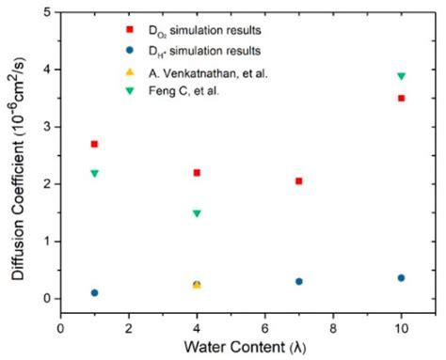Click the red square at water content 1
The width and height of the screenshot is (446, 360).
pyautogui.click(x=94, y=144)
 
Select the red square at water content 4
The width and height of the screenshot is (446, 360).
pyautogui.click(x=197, y=173)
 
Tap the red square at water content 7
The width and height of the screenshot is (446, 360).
pyautogui.click(x=298, y=180)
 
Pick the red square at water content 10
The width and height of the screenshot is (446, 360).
pyautogui.click(x=401, y=98)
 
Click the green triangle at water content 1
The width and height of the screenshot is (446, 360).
pyautogui.click(x=94, y=174)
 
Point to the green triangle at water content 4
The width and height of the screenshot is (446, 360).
pyautogui.click(x=197, y=213)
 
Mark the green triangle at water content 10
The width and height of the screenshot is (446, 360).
pyautogui.click(x=401, y=76)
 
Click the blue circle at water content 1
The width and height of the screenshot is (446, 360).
pyautogui.click(x=94, y=292)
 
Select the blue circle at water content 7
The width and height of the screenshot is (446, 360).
pyautogui.click(x=298, y=281)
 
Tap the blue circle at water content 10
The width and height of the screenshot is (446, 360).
pyautogui.click(x=401, y=277)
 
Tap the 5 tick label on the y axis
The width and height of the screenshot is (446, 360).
pyautogui.click(x=46, y=12)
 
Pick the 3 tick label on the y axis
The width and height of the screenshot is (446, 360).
pyautogui.click(x=46, y=127)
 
